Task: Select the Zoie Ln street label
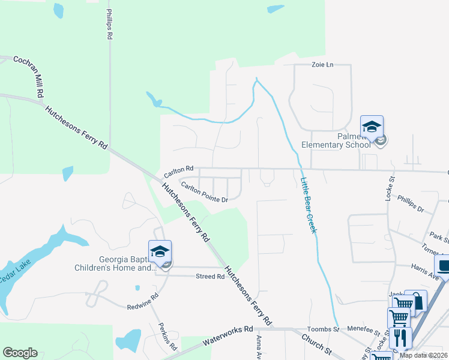click(x=322, y=65)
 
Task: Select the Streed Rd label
click(x=210, y=277)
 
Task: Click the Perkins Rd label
click(x=168, y=337)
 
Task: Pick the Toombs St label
click(x=324, y=329)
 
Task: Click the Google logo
click(x=20, y=352)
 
